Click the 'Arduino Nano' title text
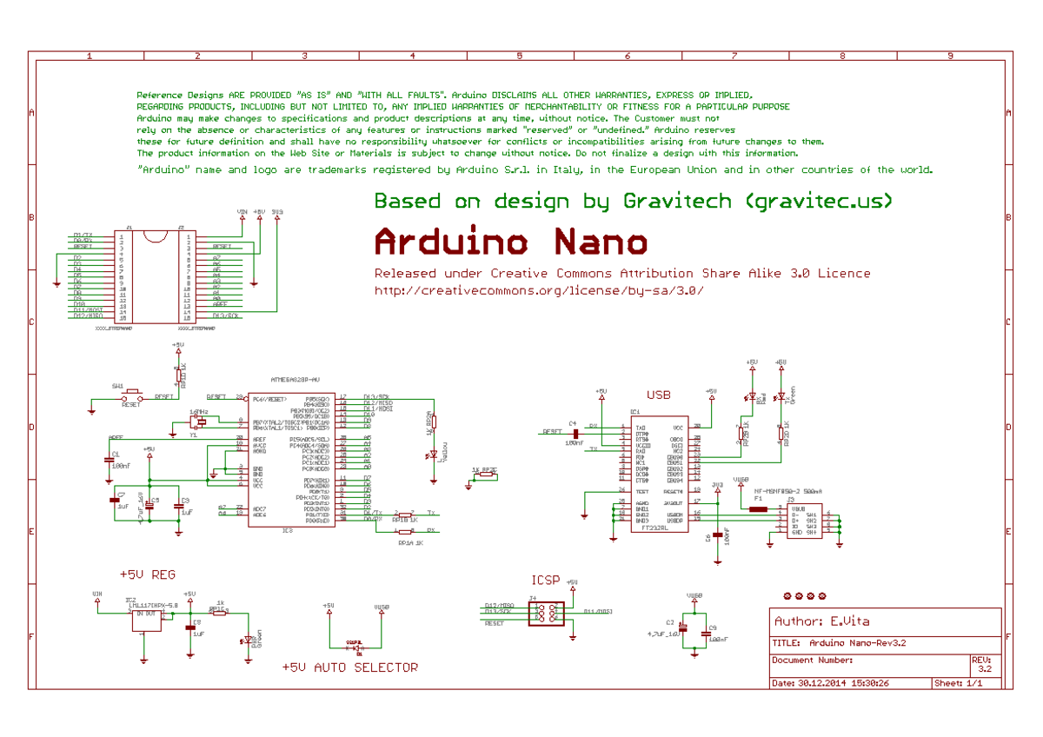pyautogui.click(x=511, y=242)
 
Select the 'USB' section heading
pyautogui.click(x=658, y=395)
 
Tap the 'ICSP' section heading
pyautogui.click(x=546, y=580)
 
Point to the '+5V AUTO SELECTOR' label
pyautogui.click(x=350, y=667)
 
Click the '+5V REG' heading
pyautogui.click(x=148, y=574)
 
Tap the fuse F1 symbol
pyautogui.click(x=758, y=509)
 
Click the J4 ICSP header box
pyautogui.click(x=547, y=614)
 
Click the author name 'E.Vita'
pyautogui.click(x=849, y=621)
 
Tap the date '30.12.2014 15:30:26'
pyautogui.click(x=842, y=683)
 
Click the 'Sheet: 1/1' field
pyautogui.click(x=959, y=683)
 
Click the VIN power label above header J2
pyautogui.click(x=242, y=211)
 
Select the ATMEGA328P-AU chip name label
pyautogui.click(x=296, y=380)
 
